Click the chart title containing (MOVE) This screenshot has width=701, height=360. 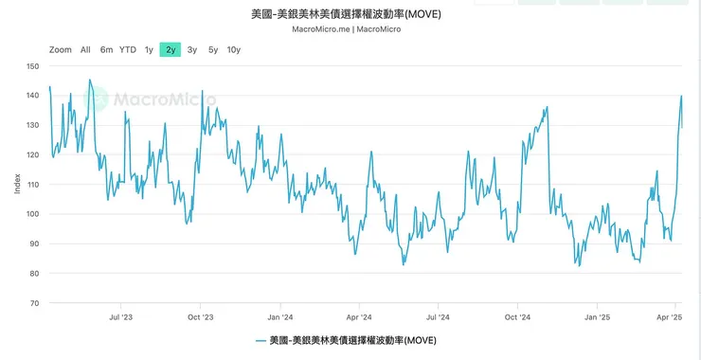[351, 15]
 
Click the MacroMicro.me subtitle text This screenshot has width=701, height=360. [351, 29]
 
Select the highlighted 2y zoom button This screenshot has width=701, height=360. [171, 49]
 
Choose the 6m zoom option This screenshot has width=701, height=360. [106, 49]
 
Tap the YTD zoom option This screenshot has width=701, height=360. [128, 49]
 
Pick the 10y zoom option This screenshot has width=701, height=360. [233, 49]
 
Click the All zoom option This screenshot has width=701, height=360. [85, 49]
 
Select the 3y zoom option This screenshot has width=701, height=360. [192, 49]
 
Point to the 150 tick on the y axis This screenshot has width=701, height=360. [33, 66]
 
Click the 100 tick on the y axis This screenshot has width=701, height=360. [33, 214]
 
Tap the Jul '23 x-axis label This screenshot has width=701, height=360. [120, 318]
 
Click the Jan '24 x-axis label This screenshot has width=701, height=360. [279, 318]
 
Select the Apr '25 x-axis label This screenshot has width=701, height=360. [670, 318]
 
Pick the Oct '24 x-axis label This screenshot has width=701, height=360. [517, 318]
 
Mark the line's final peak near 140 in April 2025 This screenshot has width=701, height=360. [681, 96]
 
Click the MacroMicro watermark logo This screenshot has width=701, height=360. [152, 98]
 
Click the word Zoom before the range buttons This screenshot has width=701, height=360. [61, 49]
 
